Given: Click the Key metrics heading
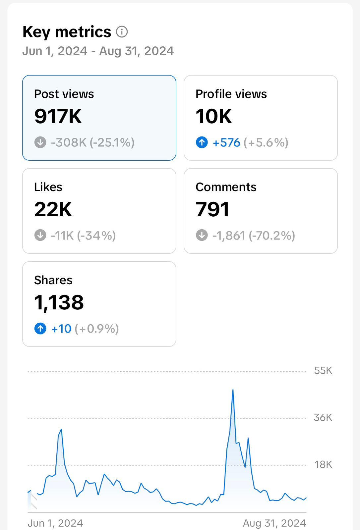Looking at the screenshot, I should click(x=67, y=32).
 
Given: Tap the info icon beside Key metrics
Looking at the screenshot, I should click(x=122, y=32).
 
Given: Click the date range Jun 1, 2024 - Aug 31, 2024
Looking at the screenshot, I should click(x=98, y=51).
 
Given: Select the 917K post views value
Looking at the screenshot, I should click(x=58, y=116).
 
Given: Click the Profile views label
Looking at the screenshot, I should click(x=231, y=94).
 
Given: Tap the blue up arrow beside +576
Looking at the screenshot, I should click(x=202, y=142).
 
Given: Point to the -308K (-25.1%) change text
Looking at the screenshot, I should click(x=92, y=142).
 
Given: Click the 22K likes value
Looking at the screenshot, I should click(x=53, y=209).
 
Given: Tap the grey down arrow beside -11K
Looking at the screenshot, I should click(x=40, y=236).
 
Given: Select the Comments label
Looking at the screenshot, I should click(x=226, y=187).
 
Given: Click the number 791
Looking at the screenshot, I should click(x=212, y=209).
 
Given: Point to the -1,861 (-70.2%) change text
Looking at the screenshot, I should click(x=254, y=236).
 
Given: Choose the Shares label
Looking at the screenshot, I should click(x=53, y=280).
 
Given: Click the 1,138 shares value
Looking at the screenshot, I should click(x=59, y=302).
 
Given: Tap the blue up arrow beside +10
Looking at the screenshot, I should click(x=40, y=329).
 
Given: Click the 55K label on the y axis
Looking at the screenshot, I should click(x=323, y=371).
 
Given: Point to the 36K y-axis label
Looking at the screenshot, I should click(x=323, y=418).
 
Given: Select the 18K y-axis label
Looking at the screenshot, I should click(x=323, y=465).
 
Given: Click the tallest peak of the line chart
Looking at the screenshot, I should click(x=233, y=390).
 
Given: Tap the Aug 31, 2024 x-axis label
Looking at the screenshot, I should click(x=274, y=523).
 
